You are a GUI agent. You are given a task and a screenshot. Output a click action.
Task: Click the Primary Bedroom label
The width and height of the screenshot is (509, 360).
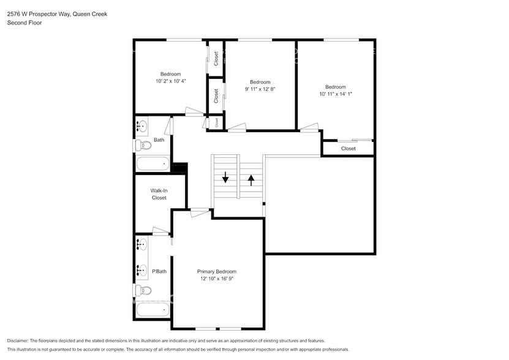pos(216,271)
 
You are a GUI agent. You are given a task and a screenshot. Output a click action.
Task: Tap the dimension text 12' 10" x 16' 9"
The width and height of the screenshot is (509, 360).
pos(216,279)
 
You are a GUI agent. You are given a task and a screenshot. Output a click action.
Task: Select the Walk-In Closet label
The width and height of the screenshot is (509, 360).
pos(159,194)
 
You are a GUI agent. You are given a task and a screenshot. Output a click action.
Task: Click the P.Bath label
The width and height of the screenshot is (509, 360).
pos(159,271)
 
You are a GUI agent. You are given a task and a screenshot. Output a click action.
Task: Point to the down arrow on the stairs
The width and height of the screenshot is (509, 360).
pos(225,178)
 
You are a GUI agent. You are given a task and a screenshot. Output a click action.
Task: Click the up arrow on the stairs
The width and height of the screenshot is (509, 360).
pos(251,179)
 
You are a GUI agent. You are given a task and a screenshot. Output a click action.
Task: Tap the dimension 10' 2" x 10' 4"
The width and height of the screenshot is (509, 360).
pos(170,81)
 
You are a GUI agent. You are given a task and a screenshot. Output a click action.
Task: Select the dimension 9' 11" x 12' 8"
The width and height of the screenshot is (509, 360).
pos(260,89)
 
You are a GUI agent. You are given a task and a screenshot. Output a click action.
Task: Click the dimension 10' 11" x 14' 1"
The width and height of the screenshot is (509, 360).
pos(335,94)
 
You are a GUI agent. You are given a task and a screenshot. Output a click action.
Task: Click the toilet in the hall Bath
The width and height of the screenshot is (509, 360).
pos(143,146)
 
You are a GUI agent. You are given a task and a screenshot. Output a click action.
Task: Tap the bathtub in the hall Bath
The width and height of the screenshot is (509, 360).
pos(153,163)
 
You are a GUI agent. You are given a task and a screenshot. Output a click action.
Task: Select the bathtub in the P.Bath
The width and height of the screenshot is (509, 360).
pos(153,310)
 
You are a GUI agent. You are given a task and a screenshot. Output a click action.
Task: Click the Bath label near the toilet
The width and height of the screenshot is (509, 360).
pos(159,140)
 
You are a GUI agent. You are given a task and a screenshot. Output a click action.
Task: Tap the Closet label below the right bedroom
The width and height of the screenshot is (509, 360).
pos(348,149)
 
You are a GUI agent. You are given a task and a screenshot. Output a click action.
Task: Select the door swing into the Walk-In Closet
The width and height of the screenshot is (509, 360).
pos(161,231)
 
